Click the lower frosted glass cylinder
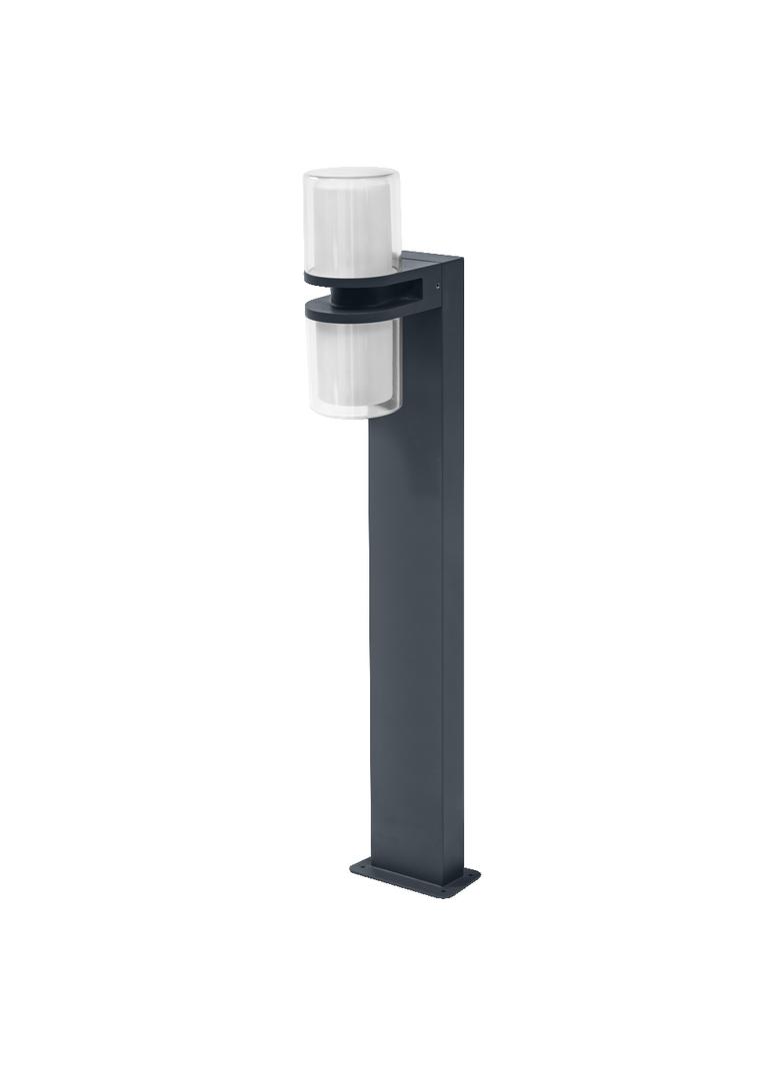[350, 365]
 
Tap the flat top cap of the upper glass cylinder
[351, 175]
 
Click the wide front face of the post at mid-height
[405, 599]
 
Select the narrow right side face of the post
[453, 599]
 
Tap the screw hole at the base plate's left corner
[361, 865]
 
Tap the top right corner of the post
[461, 262]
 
